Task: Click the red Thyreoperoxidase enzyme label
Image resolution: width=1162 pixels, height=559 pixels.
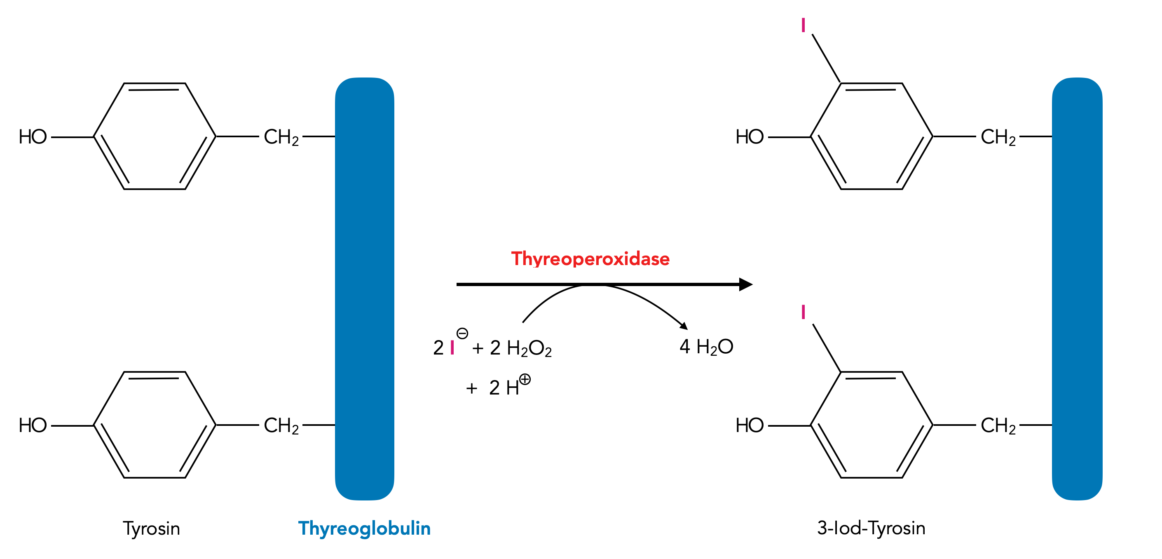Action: [x=590, y=259]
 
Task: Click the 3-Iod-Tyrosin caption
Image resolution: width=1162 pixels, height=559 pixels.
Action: [x=871, y=528]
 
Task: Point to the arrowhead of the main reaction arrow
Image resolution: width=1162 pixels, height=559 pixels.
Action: [x=746, y=284]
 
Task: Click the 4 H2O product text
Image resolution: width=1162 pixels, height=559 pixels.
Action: [x=706, y=347]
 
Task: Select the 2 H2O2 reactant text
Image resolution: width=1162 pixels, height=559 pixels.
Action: [x=520, y=348]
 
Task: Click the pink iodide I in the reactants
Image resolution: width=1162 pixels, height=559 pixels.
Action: [x=452, y=348]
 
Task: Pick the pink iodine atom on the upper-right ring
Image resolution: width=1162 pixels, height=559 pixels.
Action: [x=803, y=25]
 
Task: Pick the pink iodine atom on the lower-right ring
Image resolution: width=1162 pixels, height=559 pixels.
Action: [x=803, y=312]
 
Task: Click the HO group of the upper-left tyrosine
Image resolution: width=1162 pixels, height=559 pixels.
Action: [x=33, y=137]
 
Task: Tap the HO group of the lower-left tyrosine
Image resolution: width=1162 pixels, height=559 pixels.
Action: [x=33, y=425]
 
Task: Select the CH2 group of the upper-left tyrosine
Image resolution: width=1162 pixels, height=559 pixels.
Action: [x=281, y=137]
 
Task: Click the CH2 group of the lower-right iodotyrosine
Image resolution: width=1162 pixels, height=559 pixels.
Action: [x=998, y=425]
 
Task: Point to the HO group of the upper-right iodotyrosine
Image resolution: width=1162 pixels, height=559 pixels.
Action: [x=749, y=137]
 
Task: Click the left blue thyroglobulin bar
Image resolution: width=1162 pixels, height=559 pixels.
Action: [x=365, y=289]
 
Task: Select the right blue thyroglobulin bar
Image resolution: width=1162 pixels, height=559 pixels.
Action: [x=1077, y=289]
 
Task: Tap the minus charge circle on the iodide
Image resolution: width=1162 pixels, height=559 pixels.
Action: [x=462, y=334]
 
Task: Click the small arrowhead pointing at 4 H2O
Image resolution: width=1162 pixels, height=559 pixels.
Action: [x=684, y=326]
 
